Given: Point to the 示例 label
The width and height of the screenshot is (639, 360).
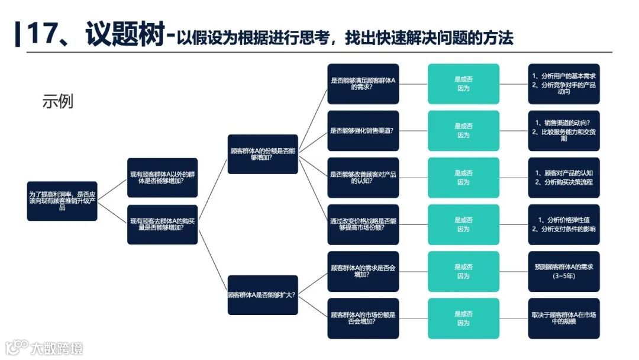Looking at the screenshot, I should [57, 101].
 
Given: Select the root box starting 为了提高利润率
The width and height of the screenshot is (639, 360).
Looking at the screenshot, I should [62, 201].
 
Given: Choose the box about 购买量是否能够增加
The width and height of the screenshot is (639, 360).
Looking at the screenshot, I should [163, 224].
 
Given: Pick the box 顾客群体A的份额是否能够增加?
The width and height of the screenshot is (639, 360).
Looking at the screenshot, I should [263, 154].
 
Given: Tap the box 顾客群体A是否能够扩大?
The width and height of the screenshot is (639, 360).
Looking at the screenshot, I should [263, 295].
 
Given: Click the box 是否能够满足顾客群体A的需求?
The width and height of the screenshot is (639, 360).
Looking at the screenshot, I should [363, 84].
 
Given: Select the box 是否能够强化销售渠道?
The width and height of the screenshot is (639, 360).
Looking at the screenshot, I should [363, 131].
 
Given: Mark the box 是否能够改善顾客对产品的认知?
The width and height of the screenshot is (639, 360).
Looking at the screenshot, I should [363, 178].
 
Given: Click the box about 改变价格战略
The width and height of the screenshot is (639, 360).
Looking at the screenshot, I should [363, 224].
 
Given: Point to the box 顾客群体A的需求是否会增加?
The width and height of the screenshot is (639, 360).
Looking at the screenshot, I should [363, 271].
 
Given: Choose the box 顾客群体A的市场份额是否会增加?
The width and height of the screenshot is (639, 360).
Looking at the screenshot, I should [363, 319].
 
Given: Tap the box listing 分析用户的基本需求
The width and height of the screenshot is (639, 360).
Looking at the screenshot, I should [563, 84].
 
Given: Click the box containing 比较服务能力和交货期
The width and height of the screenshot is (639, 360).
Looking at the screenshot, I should [563, 131].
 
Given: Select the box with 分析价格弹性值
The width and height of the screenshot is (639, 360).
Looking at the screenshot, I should [563, 224].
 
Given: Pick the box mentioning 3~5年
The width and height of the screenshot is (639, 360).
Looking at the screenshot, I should [563, 271].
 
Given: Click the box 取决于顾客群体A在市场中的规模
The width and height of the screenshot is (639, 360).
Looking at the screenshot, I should [563, 319].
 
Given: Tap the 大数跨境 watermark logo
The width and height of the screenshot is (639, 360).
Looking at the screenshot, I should [44, 347].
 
